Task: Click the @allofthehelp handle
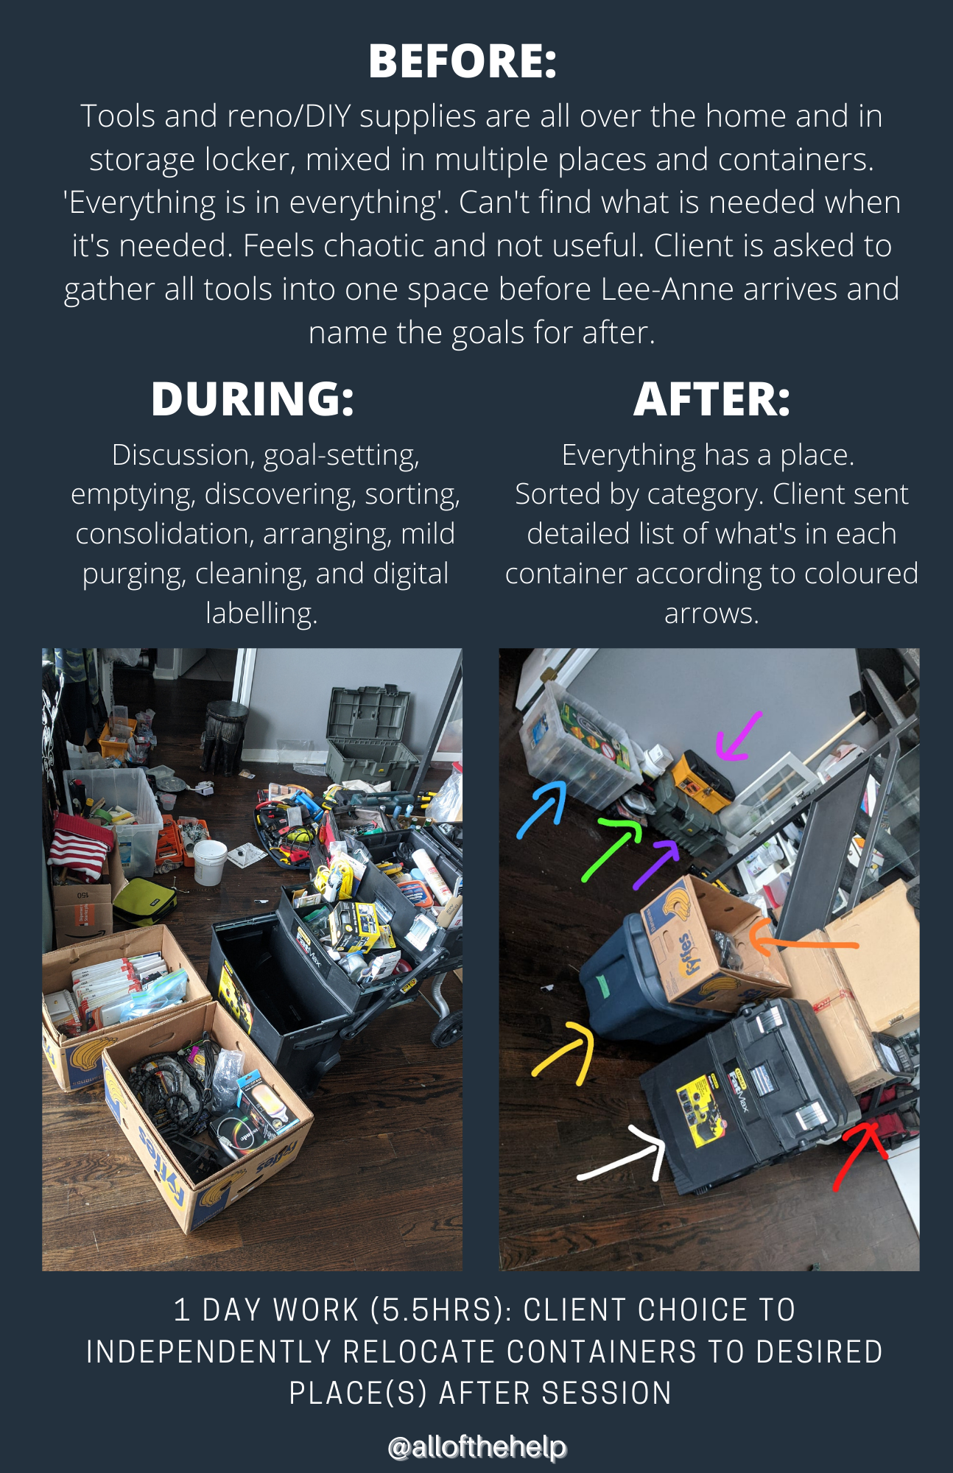point(477,1447)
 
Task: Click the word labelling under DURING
point(261,613)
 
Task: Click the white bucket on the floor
point(210,862)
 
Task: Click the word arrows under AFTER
point(711,614)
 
